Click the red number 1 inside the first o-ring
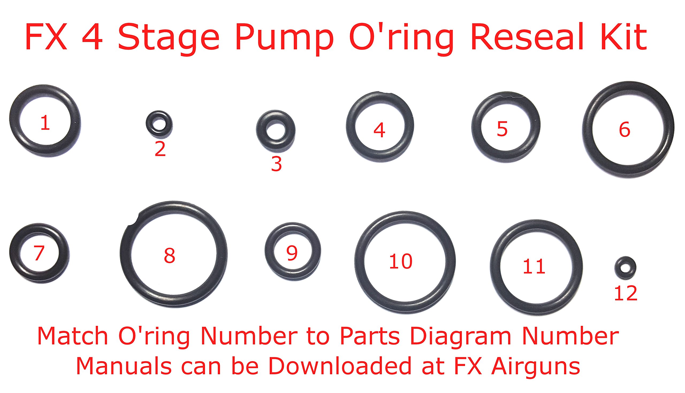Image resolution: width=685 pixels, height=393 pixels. [45, 123]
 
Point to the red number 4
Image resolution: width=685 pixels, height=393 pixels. [379, 130]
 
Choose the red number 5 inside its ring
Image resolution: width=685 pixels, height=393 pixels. [502, 129]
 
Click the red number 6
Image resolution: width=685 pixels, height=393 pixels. [624, 130]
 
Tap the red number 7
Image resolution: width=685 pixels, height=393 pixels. [39, 253]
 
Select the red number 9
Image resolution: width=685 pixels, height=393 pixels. [292, 253]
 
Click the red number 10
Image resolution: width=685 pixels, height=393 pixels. [401, 261]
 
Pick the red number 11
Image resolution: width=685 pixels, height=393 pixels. [534, 267]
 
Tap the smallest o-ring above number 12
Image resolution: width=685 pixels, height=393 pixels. [625, 268]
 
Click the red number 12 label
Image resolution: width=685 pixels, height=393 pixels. [625, 294]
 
